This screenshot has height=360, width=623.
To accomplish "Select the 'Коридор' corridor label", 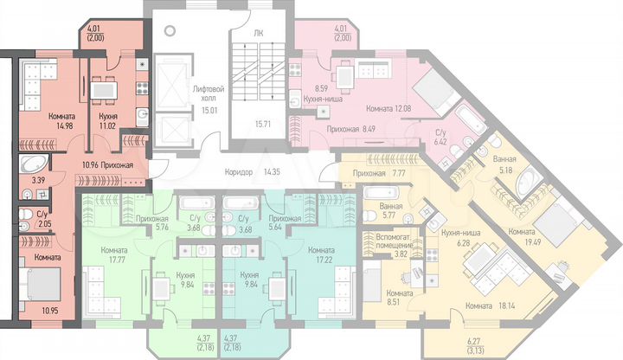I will (x=235, y=171).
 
